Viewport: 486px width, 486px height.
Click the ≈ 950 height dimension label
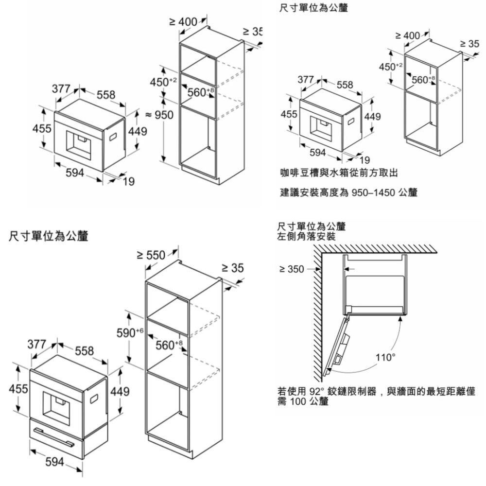coord(157,115)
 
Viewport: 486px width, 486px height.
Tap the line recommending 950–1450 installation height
coord(348,192)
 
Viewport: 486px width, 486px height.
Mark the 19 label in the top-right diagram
coord(364,160)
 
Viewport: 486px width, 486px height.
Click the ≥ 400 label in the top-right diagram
coord(408,35)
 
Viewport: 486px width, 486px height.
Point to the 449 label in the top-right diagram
coord(372,117)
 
